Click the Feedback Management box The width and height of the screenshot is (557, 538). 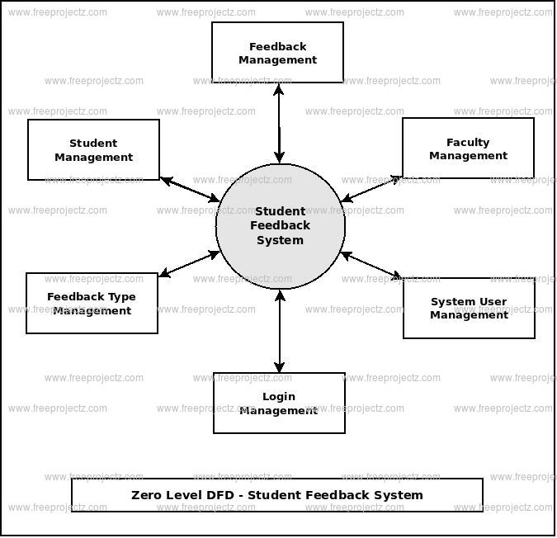point(277,53)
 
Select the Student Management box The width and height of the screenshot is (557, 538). point(93,150)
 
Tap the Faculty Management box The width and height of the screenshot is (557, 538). point(468,149)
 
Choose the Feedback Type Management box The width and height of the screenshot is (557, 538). point(92,304)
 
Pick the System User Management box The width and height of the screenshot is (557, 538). point(469,308)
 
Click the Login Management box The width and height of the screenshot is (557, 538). point(279,403)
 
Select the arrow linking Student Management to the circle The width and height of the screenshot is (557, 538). point(190,189)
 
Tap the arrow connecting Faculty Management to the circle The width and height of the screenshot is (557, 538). point(371,188)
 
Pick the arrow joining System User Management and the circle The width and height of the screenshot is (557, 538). point(371,265)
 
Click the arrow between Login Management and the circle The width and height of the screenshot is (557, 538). point(279,331)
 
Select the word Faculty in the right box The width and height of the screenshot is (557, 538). point(468,143)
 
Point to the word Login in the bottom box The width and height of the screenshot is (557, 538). point(279,397)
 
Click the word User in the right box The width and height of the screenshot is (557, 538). point(492,302)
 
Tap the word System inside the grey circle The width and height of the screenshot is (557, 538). point(280,240)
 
